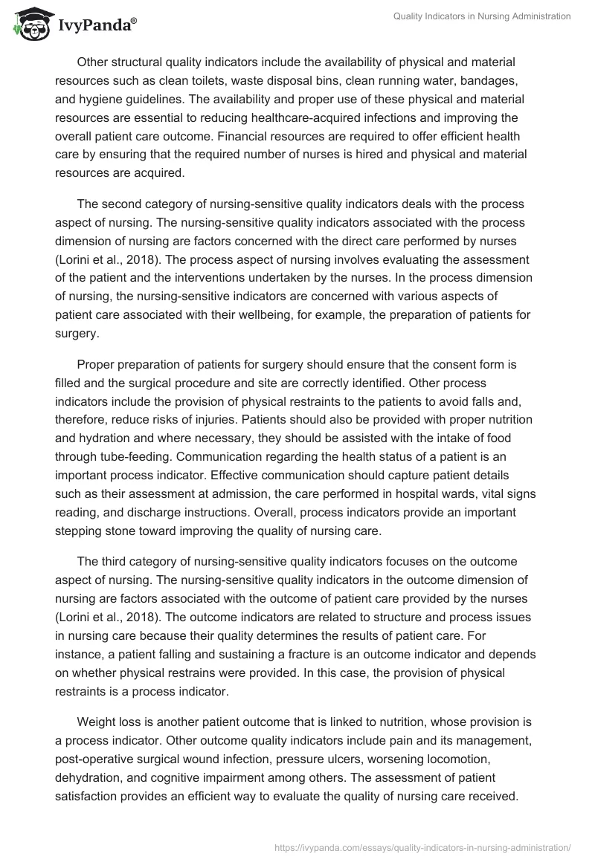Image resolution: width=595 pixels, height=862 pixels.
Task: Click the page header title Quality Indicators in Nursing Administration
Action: click(x=481, y=17)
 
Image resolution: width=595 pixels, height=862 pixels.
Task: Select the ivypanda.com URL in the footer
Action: click(x=422, y=846)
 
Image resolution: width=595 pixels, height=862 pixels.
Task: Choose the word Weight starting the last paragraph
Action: click(x=94, y=722)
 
